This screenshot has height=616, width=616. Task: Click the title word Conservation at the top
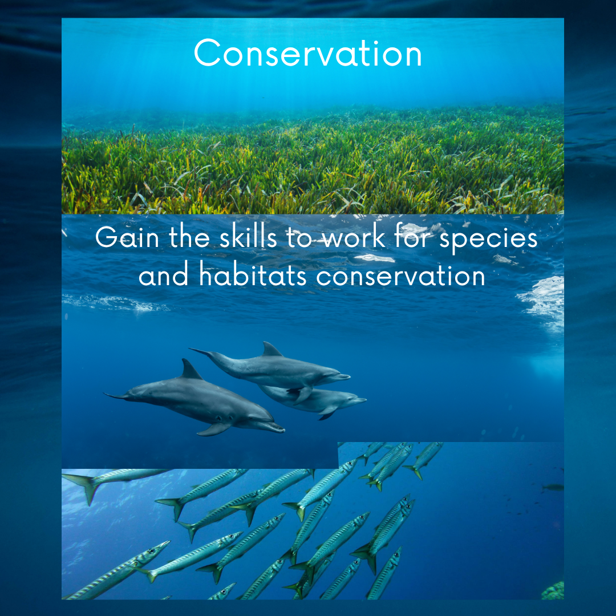307,53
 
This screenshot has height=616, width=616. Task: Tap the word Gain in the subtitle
127,237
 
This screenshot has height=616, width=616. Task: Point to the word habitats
253,274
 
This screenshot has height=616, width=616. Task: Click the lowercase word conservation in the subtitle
401,276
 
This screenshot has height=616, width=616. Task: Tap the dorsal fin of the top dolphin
271,349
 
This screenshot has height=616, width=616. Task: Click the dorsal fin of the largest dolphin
191,370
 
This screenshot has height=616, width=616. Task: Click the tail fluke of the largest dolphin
116,396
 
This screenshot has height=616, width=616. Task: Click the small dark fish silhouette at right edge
552,488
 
